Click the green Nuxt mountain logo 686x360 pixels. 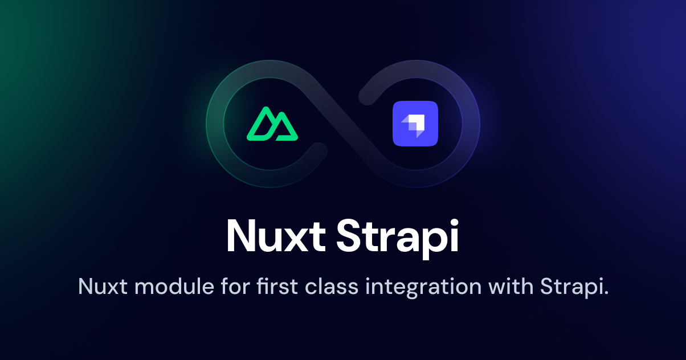coord(272,124)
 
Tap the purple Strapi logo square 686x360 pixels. coord(415,124)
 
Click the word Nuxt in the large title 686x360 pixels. coord(275,236)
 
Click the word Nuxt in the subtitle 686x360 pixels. coord(102,286)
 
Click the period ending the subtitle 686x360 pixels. coord(606,293)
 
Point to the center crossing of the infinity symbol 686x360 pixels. coord(343,124)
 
